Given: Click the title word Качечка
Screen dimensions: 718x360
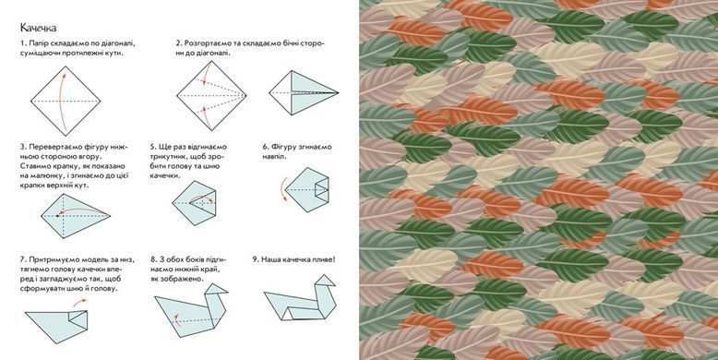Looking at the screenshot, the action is point(38,28).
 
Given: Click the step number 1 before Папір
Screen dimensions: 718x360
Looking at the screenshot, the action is point(22,43).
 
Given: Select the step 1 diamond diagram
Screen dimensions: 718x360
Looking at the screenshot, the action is point(66,101).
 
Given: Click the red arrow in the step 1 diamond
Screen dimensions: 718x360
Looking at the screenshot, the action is point(60,101).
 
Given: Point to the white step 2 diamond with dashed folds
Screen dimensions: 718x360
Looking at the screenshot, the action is point(211,96).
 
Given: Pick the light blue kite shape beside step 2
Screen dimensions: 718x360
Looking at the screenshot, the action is point(304,92).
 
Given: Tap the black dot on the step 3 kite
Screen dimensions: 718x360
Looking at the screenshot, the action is point(58,215).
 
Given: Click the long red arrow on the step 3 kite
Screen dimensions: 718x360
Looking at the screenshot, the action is point(82,210).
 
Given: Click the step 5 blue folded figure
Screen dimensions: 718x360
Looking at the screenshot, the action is point(194,203).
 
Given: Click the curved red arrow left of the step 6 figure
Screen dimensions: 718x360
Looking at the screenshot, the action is point(282,189).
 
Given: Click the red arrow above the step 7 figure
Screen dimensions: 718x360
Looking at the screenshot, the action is point(79,302).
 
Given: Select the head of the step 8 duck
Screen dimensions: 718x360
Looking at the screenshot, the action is point(216,290).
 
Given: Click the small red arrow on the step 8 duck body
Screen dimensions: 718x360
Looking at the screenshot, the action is point(176,318).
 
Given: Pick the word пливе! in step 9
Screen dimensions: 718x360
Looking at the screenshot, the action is point(323,259).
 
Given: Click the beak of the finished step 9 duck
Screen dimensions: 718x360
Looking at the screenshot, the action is point(329,280).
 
